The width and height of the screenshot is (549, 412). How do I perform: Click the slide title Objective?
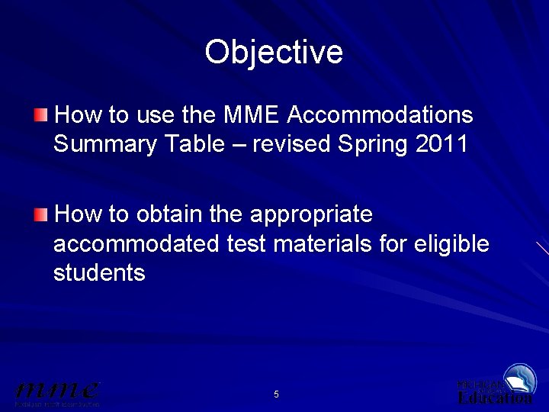274,52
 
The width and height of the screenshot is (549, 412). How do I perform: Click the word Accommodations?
381,115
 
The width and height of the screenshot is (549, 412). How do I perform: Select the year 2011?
442,144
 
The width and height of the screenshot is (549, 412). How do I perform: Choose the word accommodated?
136,244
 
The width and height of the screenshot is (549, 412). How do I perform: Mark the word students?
99,273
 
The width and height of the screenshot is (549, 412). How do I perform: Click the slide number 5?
276,394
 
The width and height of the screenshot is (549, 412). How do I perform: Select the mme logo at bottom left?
57,392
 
